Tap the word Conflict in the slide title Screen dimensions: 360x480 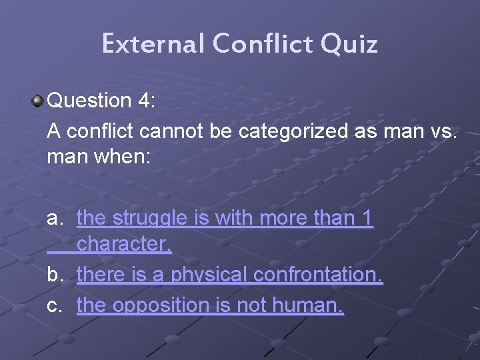click(263, 44)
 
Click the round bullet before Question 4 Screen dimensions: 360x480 click(37, 101)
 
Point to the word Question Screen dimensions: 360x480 click(90, 101)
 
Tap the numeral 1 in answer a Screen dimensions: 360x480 click(366, 218)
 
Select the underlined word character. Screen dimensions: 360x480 click(124, 245)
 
